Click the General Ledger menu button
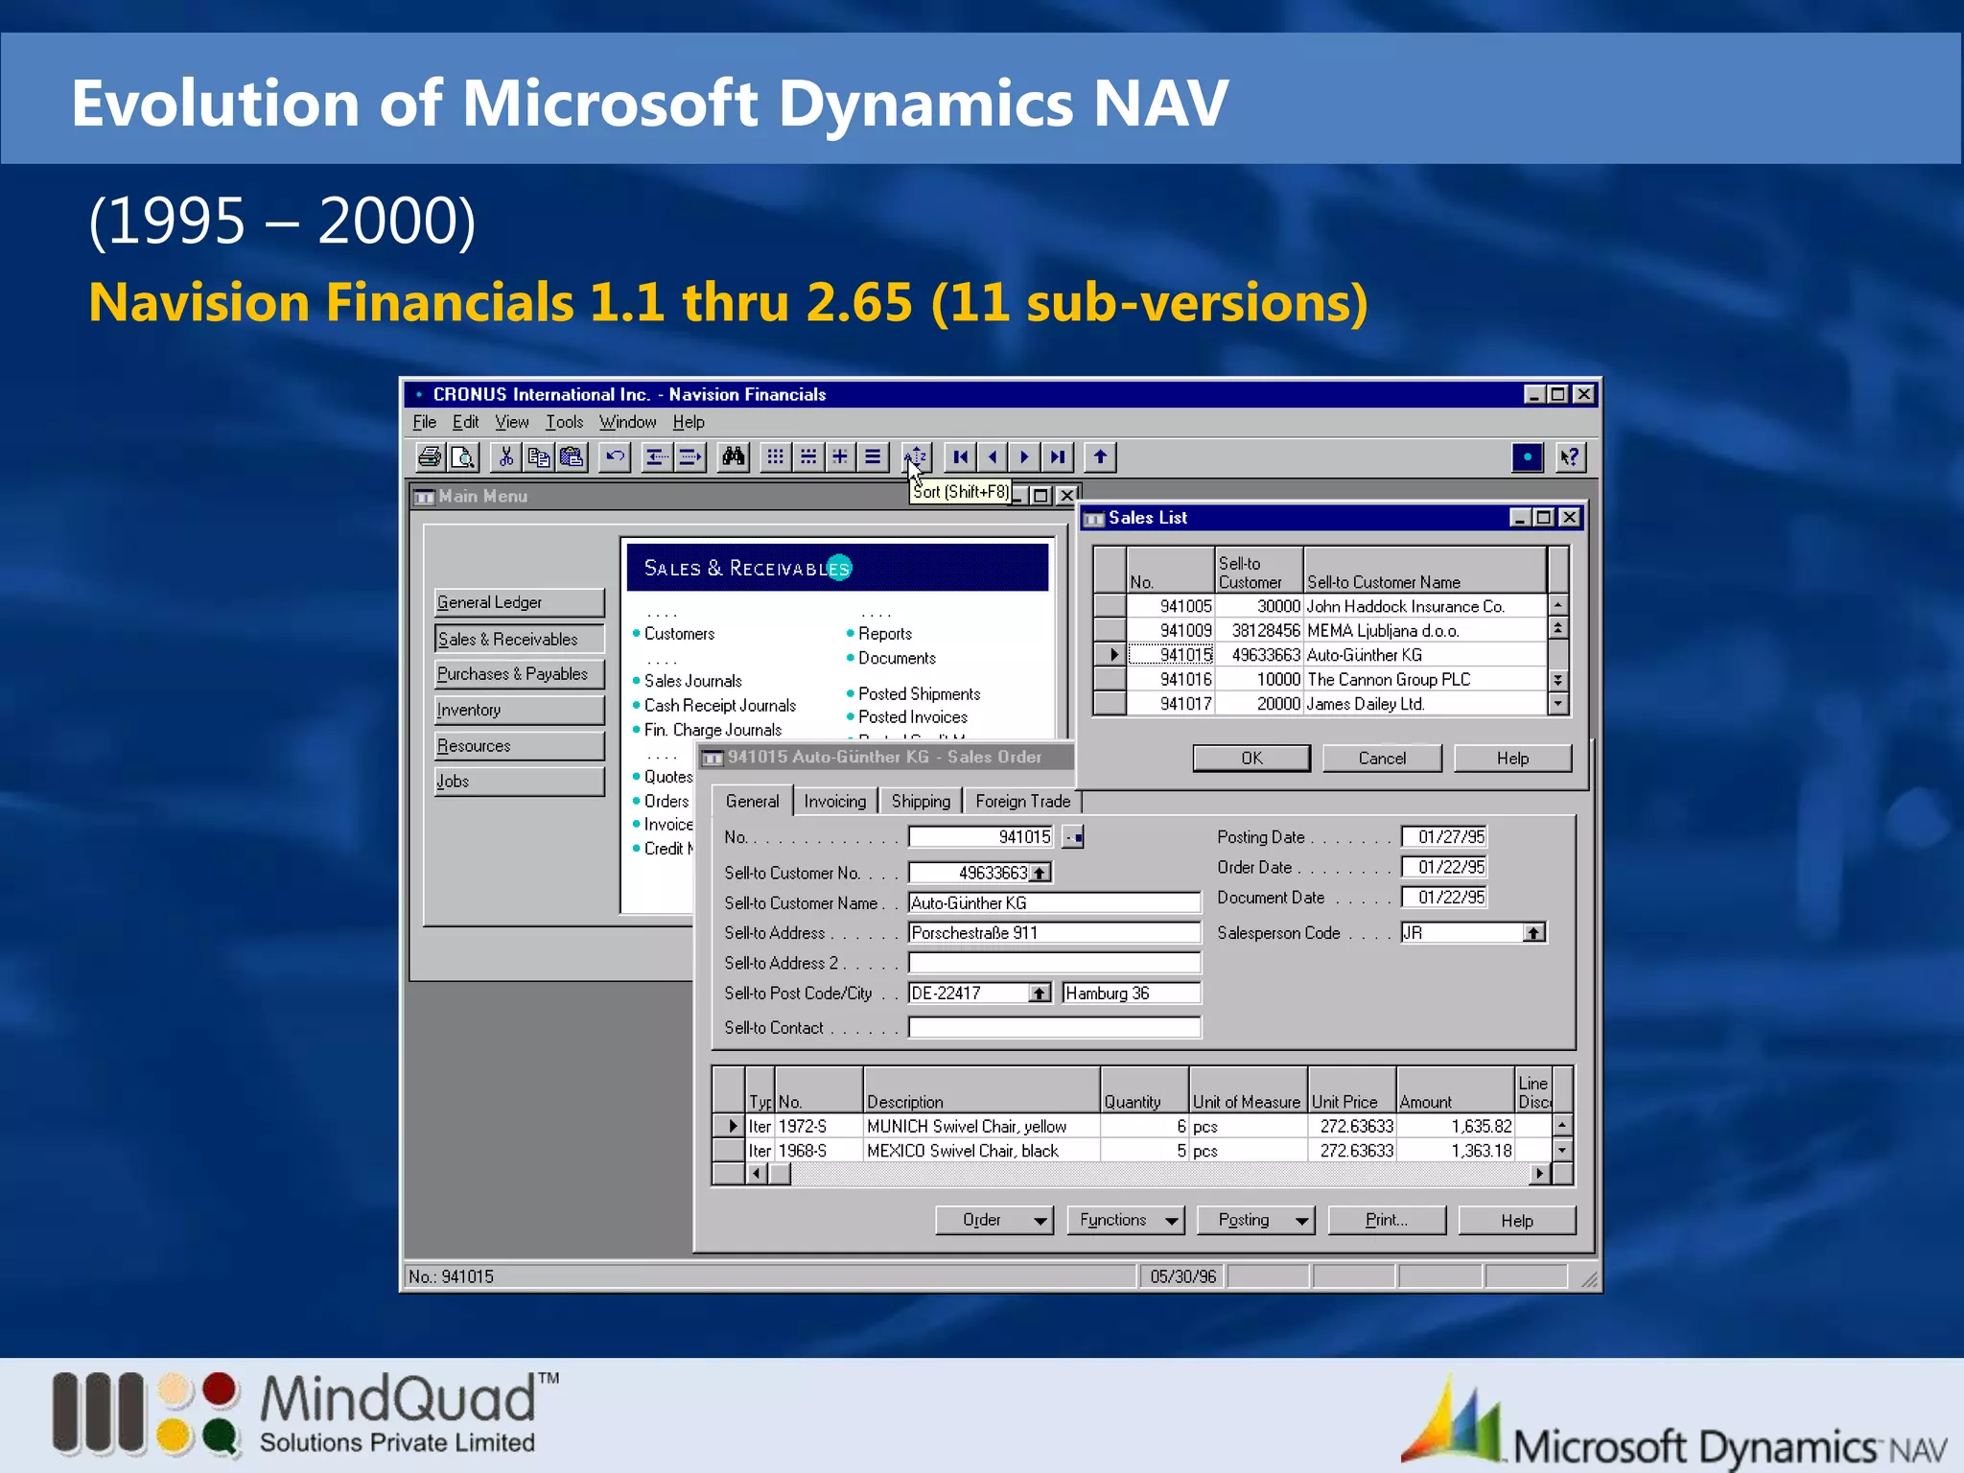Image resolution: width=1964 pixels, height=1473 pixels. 519,602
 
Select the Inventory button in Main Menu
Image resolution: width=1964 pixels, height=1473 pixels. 519,710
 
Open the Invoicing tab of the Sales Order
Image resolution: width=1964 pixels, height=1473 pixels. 834,801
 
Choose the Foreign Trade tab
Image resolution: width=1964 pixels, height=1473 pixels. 1022,801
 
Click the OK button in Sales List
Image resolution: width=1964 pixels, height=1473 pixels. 1251,758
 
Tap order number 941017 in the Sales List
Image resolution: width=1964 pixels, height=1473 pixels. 1185,703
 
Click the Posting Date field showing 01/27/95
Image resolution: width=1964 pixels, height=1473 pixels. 1444,836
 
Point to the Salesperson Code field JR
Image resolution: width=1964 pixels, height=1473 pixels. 1460,932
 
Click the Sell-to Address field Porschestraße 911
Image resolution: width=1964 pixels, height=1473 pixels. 1053,932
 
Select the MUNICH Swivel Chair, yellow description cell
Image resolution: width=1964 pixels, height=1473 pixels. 967,1126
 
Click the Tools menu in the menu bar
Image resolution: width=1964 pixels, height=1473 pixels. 564,422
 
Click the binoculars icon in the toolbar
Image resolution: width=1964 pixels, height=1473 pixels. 734,456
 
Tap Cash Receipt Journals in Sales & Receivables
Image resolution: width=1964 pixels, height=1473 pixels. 719,705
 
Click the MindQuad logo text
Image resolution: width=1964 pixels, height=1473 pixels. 397,1400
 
